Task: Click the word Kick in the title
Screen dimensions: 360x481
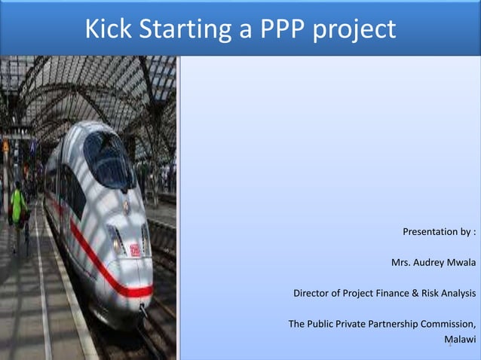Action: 105,29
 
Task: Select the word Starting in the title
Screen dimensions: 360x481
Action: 182,29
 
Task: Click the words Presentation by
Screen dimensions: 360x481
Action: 436,232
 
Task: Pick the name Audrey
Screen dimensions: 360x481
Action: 427,263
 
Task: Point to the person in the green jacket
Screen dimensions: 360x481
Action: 17,207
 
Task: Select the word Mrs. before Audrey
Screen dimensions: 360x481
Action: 400,263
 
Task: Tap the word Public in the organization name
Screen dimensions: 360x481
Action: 325,324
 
